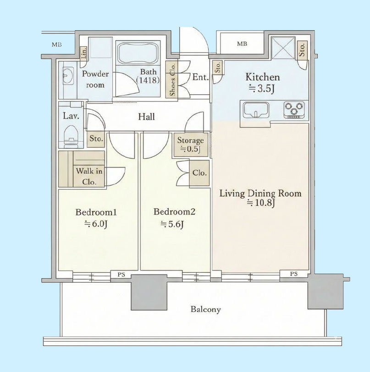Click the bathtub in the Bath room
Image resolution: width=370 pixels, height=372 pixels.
138,54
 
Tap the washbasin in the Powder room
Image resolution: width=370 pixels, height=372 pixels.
68,75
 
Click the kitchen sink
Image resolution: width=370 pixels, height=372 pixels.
256,110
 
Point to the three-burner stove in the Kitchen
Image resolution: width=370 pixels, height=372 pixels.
294,110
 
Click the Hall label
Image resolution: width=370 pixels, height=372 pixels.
146,117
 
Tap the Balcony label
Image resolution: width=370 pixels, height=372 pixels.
206,309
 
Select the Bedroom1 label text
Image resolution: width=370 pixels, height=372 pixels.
96,212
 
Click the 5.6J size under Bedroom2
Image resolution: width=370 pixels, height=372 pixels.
172,224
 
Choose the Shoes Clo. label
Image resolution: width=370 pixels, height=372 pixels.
172,80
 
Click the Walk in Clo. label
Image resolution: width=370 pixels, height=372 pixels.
89,176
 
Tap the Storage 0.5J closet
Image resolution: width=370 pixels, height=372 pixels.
191,145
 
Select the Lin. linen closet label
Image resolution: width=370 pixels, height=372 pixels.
84,53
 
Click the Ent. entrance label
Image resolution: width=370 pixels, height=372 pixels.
200,77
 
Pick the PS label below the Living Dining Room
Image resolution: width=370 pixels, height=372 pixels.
294,274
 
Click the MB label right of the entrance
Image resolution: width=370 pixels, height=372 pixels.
242,44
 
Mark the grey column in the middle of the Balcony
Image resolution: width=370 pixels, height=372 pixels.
149,292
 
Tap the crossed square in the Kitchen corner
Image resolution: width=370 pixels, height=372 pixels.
283,48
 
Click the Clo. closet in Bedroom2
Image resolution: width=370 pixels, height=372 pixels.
199,173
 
